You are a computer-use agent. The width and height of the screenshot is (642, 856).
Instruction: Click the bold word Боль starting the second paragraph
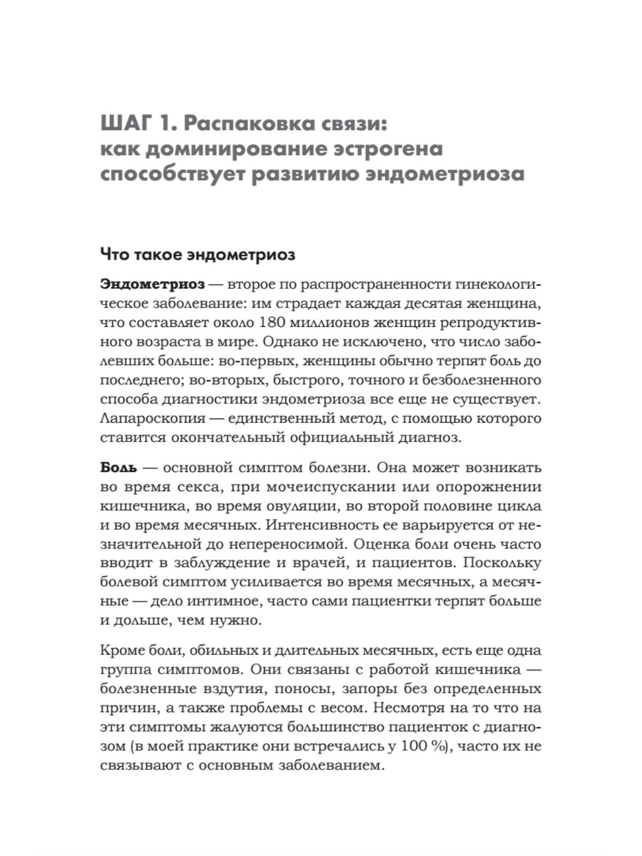(x=119, y=468)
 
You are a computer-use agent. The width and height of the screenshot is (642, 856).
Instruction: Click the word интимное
(x=219, y=601)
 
